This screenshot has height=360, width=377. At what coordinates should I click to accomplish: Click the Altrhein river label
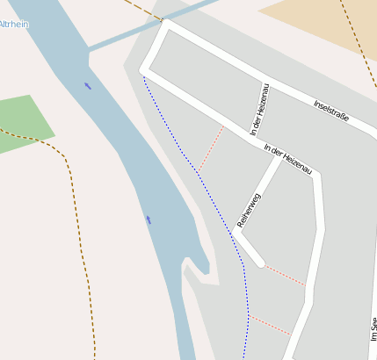coord(13,25)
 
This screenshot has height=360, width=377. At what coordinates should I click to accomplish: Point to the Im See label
coord(373,328)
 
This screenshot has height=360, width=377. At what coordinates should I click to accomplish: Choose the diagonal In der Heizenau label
coord(288,159)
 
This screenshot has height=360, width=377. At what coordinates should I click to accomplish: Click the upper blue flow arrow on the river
coord(87,85)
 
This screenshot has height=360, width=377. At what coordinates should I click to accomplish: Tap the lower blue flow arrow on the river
coord(149,220)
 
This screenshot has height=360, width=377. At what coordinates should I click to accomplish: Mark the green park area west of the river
coord(21,123)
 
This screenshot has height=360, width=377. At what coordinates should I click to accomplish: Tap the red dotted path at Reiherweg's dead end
coord(285,275)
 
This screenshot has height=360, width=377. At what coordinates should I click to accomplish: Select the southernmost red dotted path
coord(270,325)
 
